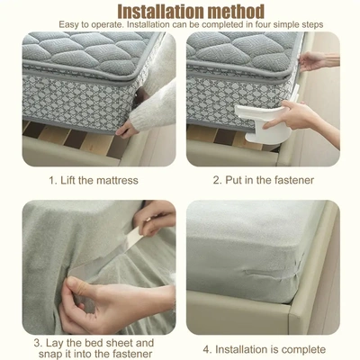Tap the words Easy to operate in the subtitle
[x=94, y=24]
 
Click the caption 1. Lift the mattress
[x=93, y=180]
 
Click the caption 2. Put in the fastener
[x=263, y=180]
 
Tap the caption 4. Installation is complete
[x=264, y=348]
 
